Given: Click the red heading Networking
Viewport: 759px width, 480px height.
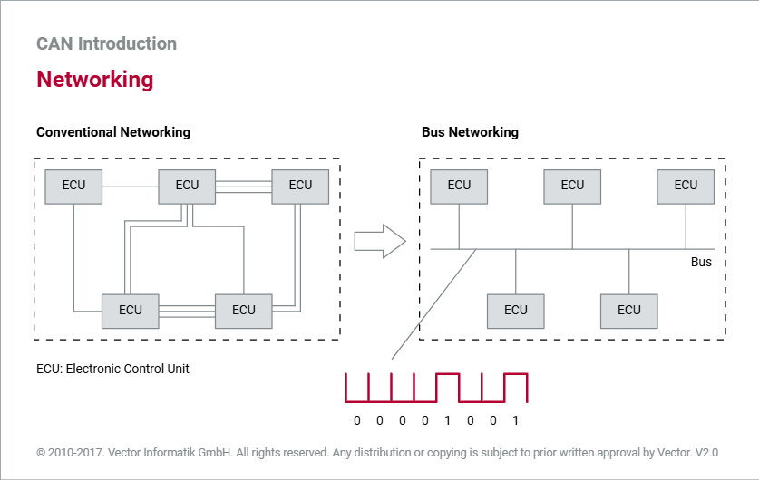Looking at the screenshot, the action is click(95, 80).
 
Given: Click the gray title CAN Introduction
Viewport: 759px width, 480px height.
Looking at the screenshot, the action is click(106, 43).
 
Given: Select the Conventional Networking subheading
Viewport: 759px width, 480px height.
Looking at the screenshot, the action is click(113, 132).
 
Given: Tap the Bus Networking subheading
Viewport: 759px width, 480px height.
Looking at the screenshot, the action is click(470, 132).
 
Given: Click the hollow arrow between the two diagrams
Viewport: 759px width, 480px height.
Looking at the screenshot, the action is click(380, 241).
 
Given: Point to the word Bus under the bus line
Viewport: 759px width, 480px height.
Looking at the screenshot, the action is click(701, 262).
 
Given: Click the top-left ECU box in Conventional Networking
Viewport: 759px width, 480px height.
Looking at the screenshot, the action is click(73, 187).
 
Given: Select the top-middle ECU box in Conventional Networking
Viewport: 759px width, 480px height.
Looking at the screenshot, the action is click(187, 187).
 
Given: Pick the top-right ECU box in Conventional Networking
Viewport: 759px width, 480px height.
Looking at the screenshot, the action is click(300, 187).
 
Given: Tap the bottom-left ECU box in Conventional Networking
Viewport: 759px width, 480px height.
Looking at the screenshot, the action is click(131, 312).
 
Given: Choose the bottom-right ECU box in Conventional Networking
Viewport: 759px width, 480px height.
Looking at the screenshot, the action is click(244, 312).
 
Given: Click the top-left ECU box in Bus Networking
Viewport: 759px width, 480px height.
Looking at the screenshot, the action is click(459, 187).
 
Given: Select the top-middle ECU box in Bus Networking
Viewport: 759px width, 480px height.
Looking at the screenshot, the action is click(572, 187).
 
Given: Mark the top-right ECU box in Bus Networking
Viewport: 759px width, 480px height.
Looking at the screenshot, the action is click(686, 187).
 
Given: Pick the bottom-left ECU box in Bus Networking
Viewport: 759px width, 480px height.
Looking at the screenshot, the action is click(515, 312).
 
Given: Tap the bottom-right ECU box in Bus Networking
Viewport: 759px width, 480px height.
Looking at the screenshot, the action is click(628, 312).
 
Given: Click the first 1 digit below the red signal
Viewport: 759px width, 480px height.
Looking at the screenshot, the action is click(447, 420).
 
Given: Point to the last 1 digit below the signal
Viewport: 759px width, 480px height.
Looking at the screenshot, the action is click(515, 420).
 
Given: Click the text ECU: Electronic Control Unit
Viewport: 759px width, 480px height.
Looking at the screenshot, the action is click(112, 369).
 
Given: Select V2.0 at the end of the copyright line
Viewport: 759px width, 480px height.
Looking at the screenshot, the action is click(706, 453).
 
